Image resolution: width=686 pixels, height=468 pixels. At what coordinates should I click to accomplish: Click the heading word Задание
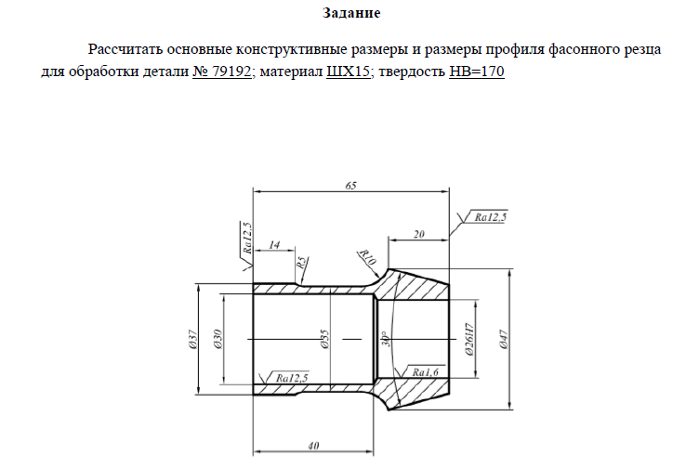tap(351, 13)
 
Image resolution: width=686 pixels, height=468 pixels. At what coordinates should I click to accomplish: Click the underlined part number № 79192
tap(222, 71)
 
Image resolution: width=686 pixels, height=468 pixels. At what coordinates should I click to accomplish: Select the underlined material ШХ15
tap(349, 71)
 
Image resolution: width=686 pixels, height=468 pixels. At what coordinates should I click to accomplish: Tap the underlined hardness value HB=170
tap(477, 71)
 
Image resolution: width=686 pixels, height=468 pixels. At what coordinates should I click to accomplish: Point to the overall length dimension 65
tap(350, 186)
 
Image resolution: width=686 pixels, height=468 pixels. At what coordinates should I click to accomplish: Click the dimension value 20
tap(419, 234)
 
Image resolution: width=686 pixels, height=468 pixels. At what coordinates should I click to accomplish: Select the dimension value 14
tap(274, 245)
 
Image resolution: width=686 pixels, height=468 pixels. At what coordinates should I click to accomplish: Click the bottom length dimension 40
tap(313, 446)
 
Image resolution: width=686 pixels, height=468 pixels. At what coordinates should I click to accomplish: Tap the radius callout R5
tap(301, 264)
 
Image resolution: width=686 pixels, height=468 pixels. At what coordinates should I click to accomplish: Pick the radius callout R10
tap(366, 257)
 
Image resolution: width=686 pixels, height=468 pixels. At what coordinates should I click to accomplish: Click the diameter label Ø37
tap(193, 340)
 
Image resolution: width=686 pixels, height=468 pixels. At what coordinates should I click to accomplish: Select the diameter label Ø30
tap(218, 339)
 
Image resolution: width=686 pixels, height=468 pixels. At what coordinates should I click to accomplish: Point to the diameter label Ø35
tap(324, 339)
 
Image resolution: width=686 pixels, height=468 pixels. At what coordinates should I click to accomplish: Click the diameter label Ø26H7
tap(469, 339)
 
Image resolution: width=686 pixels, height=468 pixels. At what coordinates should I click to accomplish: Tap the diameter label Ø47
tap(504, 340)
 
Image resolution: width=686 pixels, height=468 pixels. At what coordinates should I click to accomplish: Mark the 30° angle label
tap(386, 339)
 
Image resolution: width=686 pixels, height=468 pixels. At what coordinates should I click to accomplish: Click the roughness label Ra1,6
tap(425, 372)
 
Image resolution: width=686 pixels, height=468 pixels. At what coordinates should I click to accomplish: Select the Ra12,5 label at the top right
tap(491, 216)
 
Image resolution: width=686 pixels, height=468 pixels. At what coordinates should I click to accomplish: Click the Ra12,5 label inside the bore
tap(292, 378)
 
